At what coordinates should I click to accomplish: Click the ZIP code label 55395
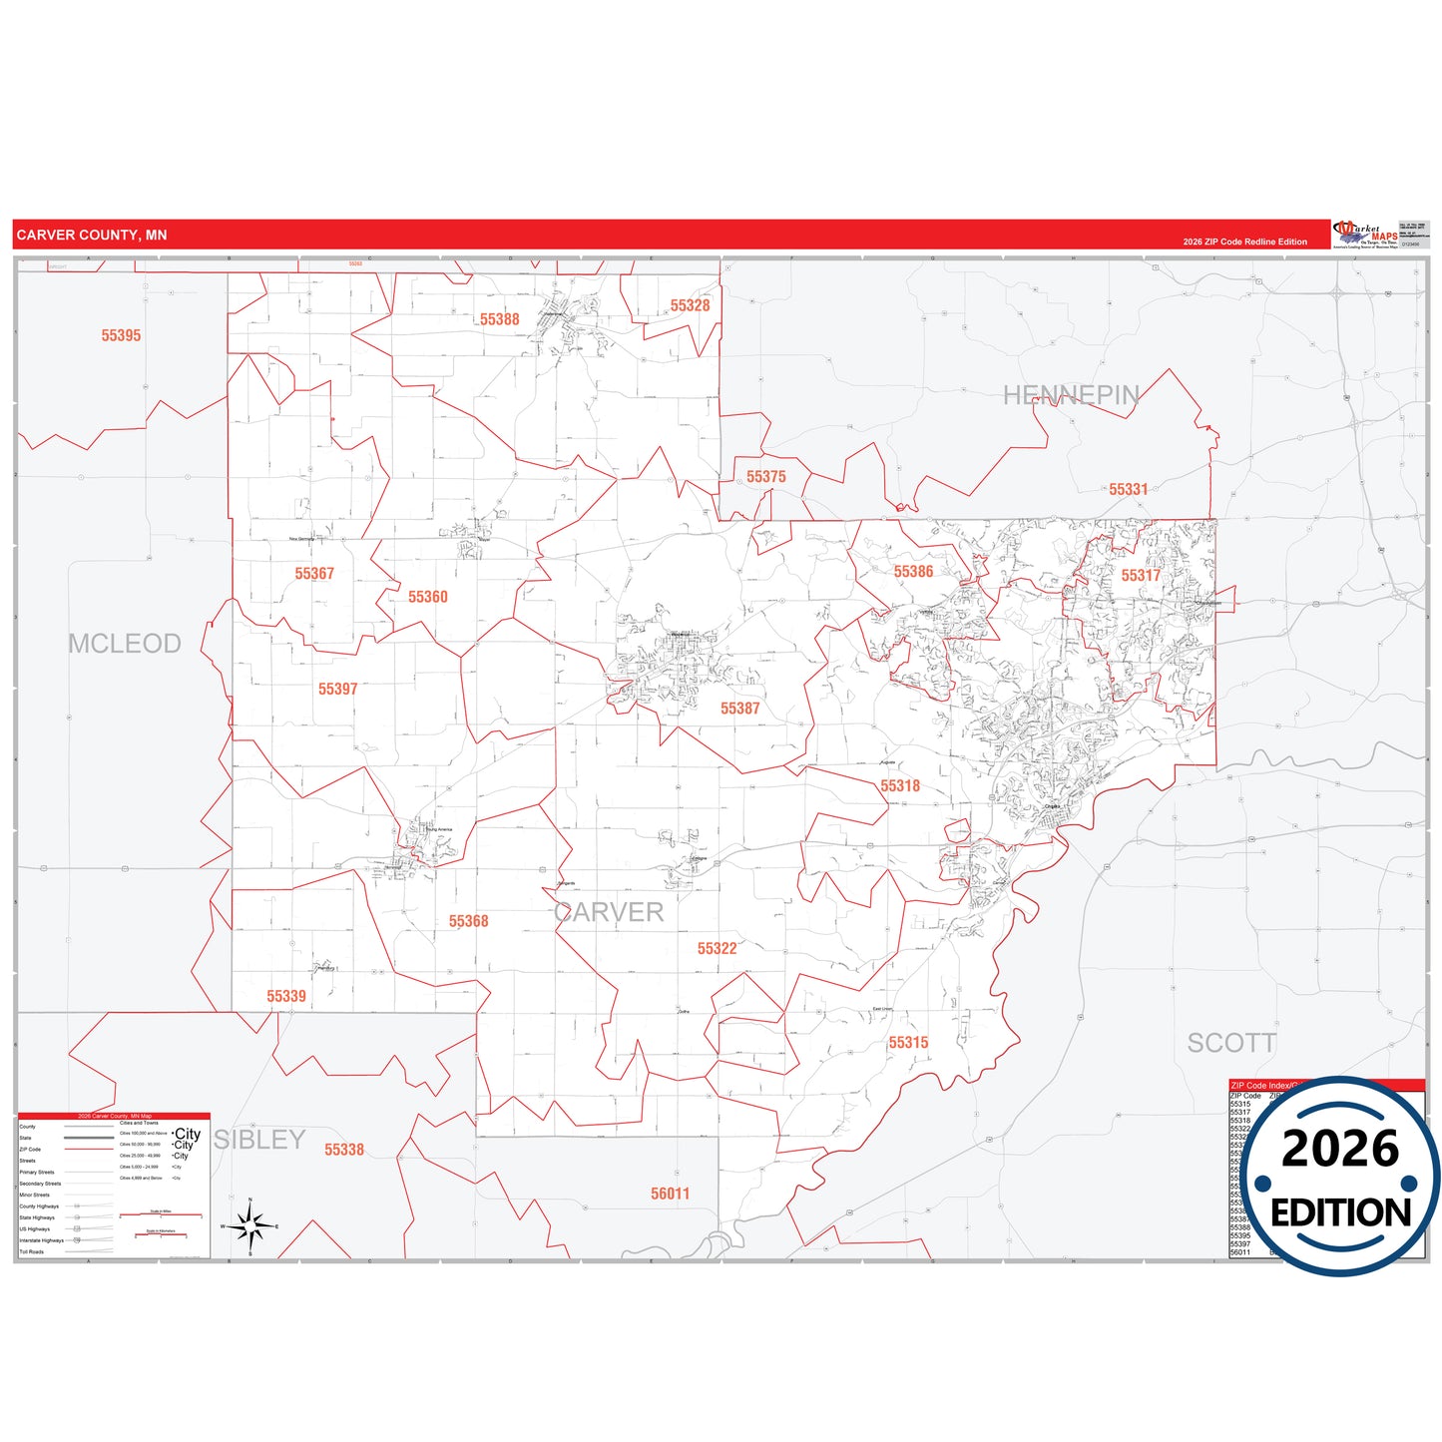121,335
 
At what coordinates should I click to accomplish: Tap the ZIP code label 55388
499,319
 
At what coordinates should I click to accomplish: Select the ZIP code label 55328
690,305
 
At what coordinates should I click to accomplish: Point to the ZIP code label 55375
765,477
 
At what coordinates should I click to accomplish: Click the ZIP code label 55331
1128,489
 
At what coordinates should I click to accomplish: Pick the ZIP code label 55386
913,572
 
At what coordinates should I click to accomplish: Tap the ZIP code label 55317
1140,575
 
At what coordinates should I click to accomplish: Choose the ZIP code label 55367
314,574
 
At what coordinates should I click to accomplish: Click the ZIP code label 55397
337,689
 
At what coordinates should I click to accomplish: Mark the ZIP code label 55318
899,785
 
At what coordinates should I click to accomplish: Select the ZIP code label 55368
468,921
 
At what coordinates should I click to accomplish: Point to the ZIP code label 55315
908,1043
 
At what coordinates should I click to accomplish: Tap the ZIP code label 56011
670,1194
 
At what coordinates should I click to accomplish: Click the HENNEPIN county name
1071,395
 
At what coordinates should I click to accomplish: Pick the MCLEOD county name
125,644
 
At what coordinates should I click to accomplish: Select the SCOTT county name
1231,1043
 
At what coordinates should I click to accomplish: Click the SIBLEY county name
259,1140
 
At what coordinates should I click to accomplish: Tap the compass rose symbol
250,1225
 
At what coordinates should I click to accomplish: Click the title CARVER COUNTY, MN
92,236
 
